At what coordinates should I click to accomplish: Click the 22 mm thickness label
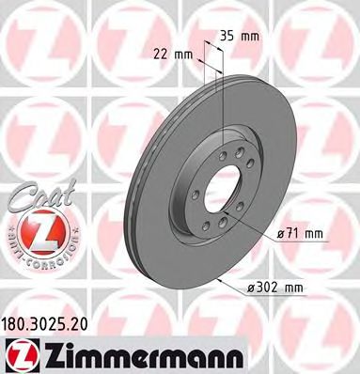(x=175, y=55)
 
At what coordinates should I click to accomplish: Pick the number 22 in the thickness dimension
(x=165, y=55)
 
